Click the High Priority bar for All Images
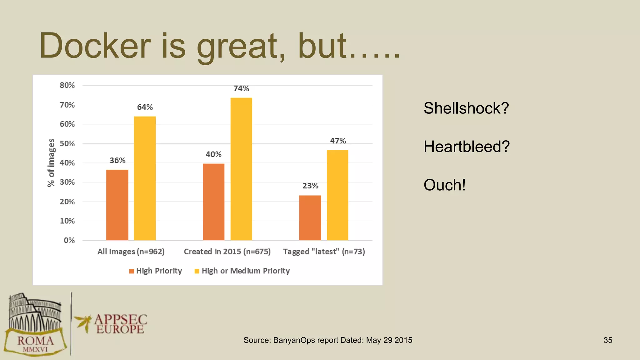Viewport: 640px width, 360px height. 117,205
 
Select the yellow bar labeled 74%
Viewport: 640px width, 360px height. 241,169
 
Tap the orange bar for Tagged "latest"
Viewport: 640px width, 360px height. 310,218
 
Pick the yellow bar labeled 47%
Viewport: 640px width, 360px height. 337,195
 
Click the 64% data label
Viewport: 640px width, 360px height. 145,107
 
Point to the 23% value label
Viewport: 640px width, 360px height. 310,186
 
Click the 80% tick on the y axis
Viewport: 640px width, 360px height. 67,85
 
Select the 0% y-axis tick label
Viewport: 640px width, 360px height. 69,240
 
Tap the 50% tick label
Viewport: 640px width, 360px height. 67,144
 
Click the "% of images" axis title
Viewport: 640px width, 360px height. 51,163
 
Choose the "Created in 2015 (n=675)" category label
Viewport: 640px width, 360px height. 227,252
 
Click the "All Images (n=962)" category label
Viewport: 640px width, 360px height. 131,252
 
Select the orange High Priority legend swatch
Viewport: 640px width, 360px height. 132,271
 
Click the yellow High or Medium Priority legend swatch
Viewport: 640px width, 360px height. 197,271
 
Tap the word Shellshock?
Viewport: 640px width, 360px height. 466,108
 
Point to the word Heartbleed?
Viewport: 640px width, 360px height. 467,147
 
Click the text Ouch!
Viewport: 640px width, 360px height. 445,185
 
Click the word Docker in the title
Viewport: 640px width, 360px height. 95,46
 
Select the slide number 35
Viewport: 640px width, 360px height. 608,340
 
